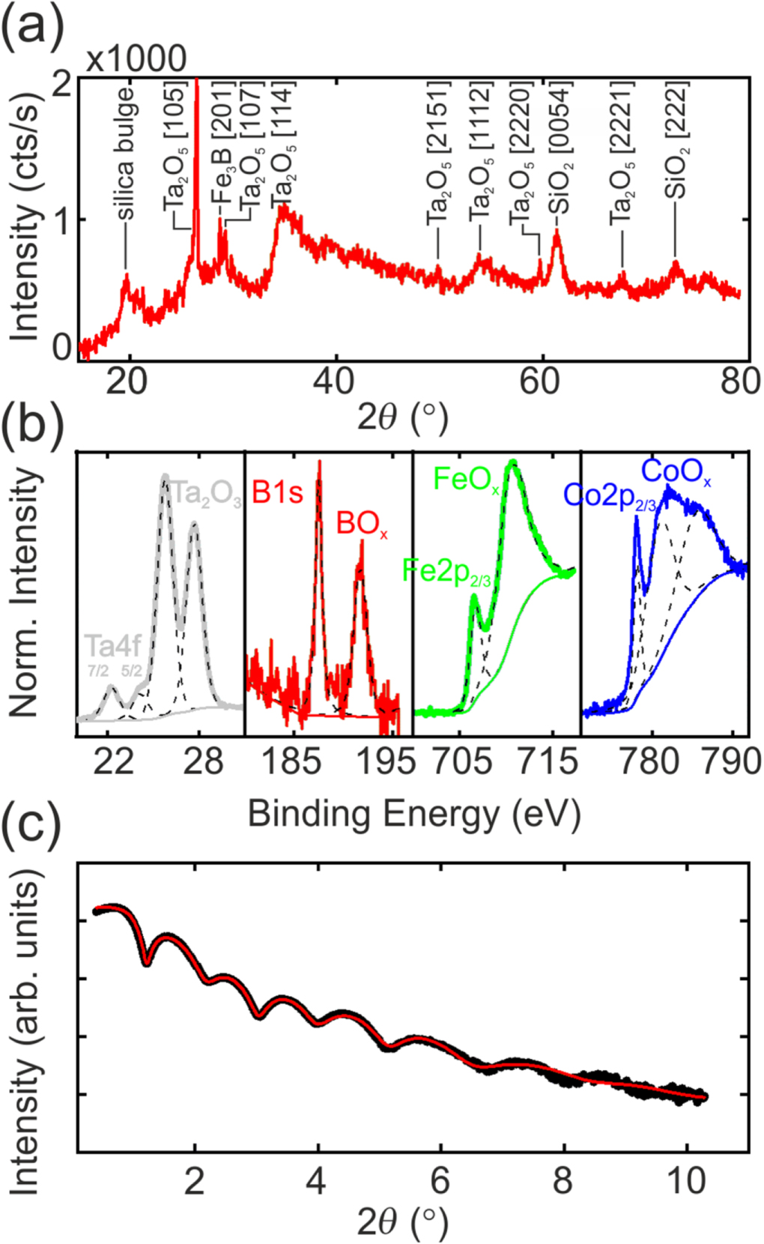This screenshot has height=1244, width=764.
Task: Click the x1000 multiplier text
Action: pyautogui.click(x=136, y=59)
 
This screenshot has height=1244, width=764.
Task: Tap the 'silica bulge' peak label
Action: pyautogui.click(x=126, y=154)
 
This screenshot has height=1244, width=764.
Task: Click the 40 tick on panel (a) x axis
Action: pyautogui.click(x=333, y=381)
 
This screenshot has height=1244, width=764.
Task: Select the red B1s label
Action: pyautogui.click(x=277, y=492)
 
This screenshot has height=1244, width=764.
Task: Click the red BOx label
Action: pyautogui.click(x=362, y=524)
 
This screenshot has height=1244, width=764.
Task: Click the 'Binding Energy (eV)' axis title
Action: pyautogui.click(x=413, y=814)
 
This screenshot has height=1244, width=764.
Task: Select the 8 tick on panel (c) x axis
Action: pyautogui.click(x=563, y=1181)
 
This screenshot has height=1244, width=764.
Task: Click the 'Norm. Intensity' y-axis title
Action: pyautogui.click(x=26, y=592)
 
